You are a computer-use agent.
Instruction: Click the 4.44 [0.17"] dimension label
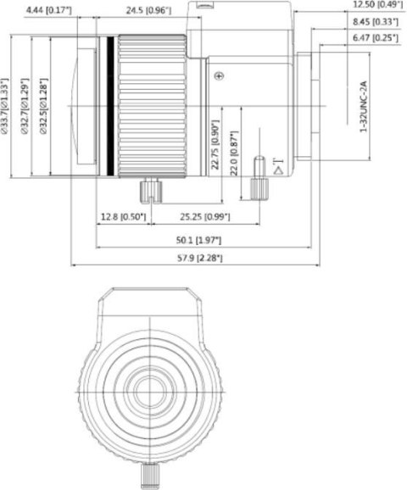(x=48, y=10)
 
